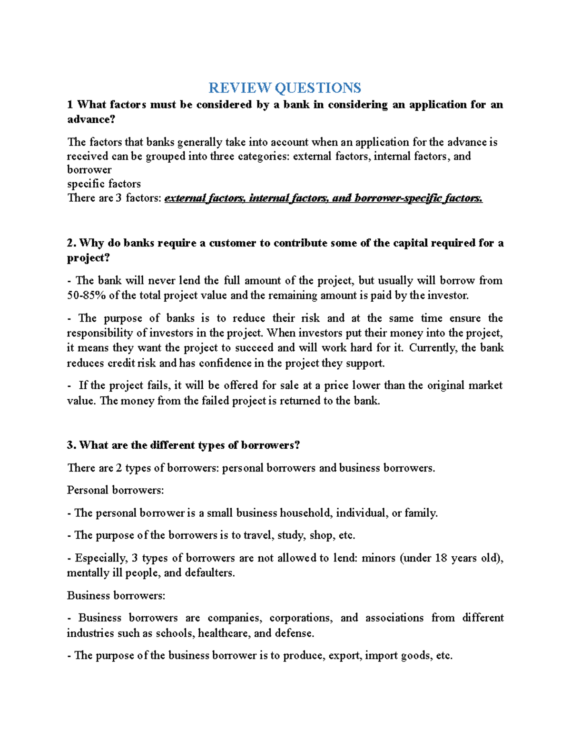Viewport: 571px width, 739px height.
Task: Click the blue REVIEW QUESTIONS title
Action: pyautogui.click(x=285, y=88)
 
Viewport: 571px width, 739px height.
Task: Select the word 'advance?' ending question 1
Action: pyautogui.click(x=91, y=119)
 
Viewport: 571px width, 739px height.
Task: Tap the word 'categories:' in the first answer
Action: pyautogui.click(x=263, y=156)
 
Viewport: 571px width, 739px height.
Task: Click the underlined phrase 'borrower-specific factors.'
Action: pyautogui.click(x=418, y=198)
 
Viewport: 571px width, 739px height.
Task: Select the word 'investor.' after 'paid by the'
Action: pyautogui.click(x=448, y=296)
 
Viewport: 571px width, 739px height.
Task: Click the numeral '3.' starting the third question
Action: pyautogui.click(x=72, y=445)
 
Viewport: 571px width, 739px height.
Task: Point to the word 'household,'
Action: pyautogui.click(x=306, y=513)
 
